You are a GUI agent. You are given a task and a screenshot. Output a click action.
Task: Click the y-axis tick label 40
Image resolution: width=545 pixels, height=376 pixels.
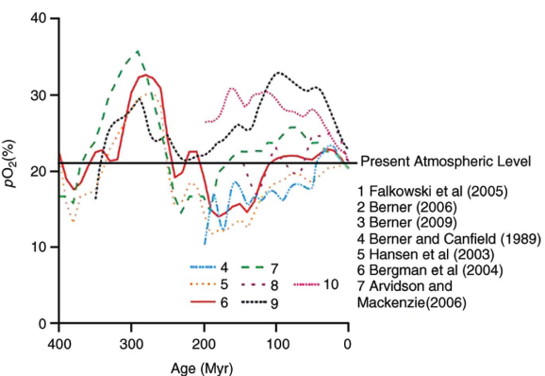pyautogui.click(x=39, y=19)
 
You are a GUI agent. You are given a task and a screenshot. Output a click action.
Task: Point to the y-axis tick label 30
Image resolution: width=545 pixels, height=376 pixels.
pyautogui.click(x=39, y=95)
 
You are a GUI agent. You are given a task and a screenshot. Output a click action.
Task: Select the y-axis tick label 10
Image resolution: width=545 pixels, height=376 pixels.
pyautogui.click(x=39, y=248)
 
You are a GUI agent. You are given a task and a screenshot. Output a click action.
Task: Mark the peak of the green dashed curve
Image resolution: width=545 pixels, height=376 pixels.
pyautogui.click(x=138, y=52)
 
